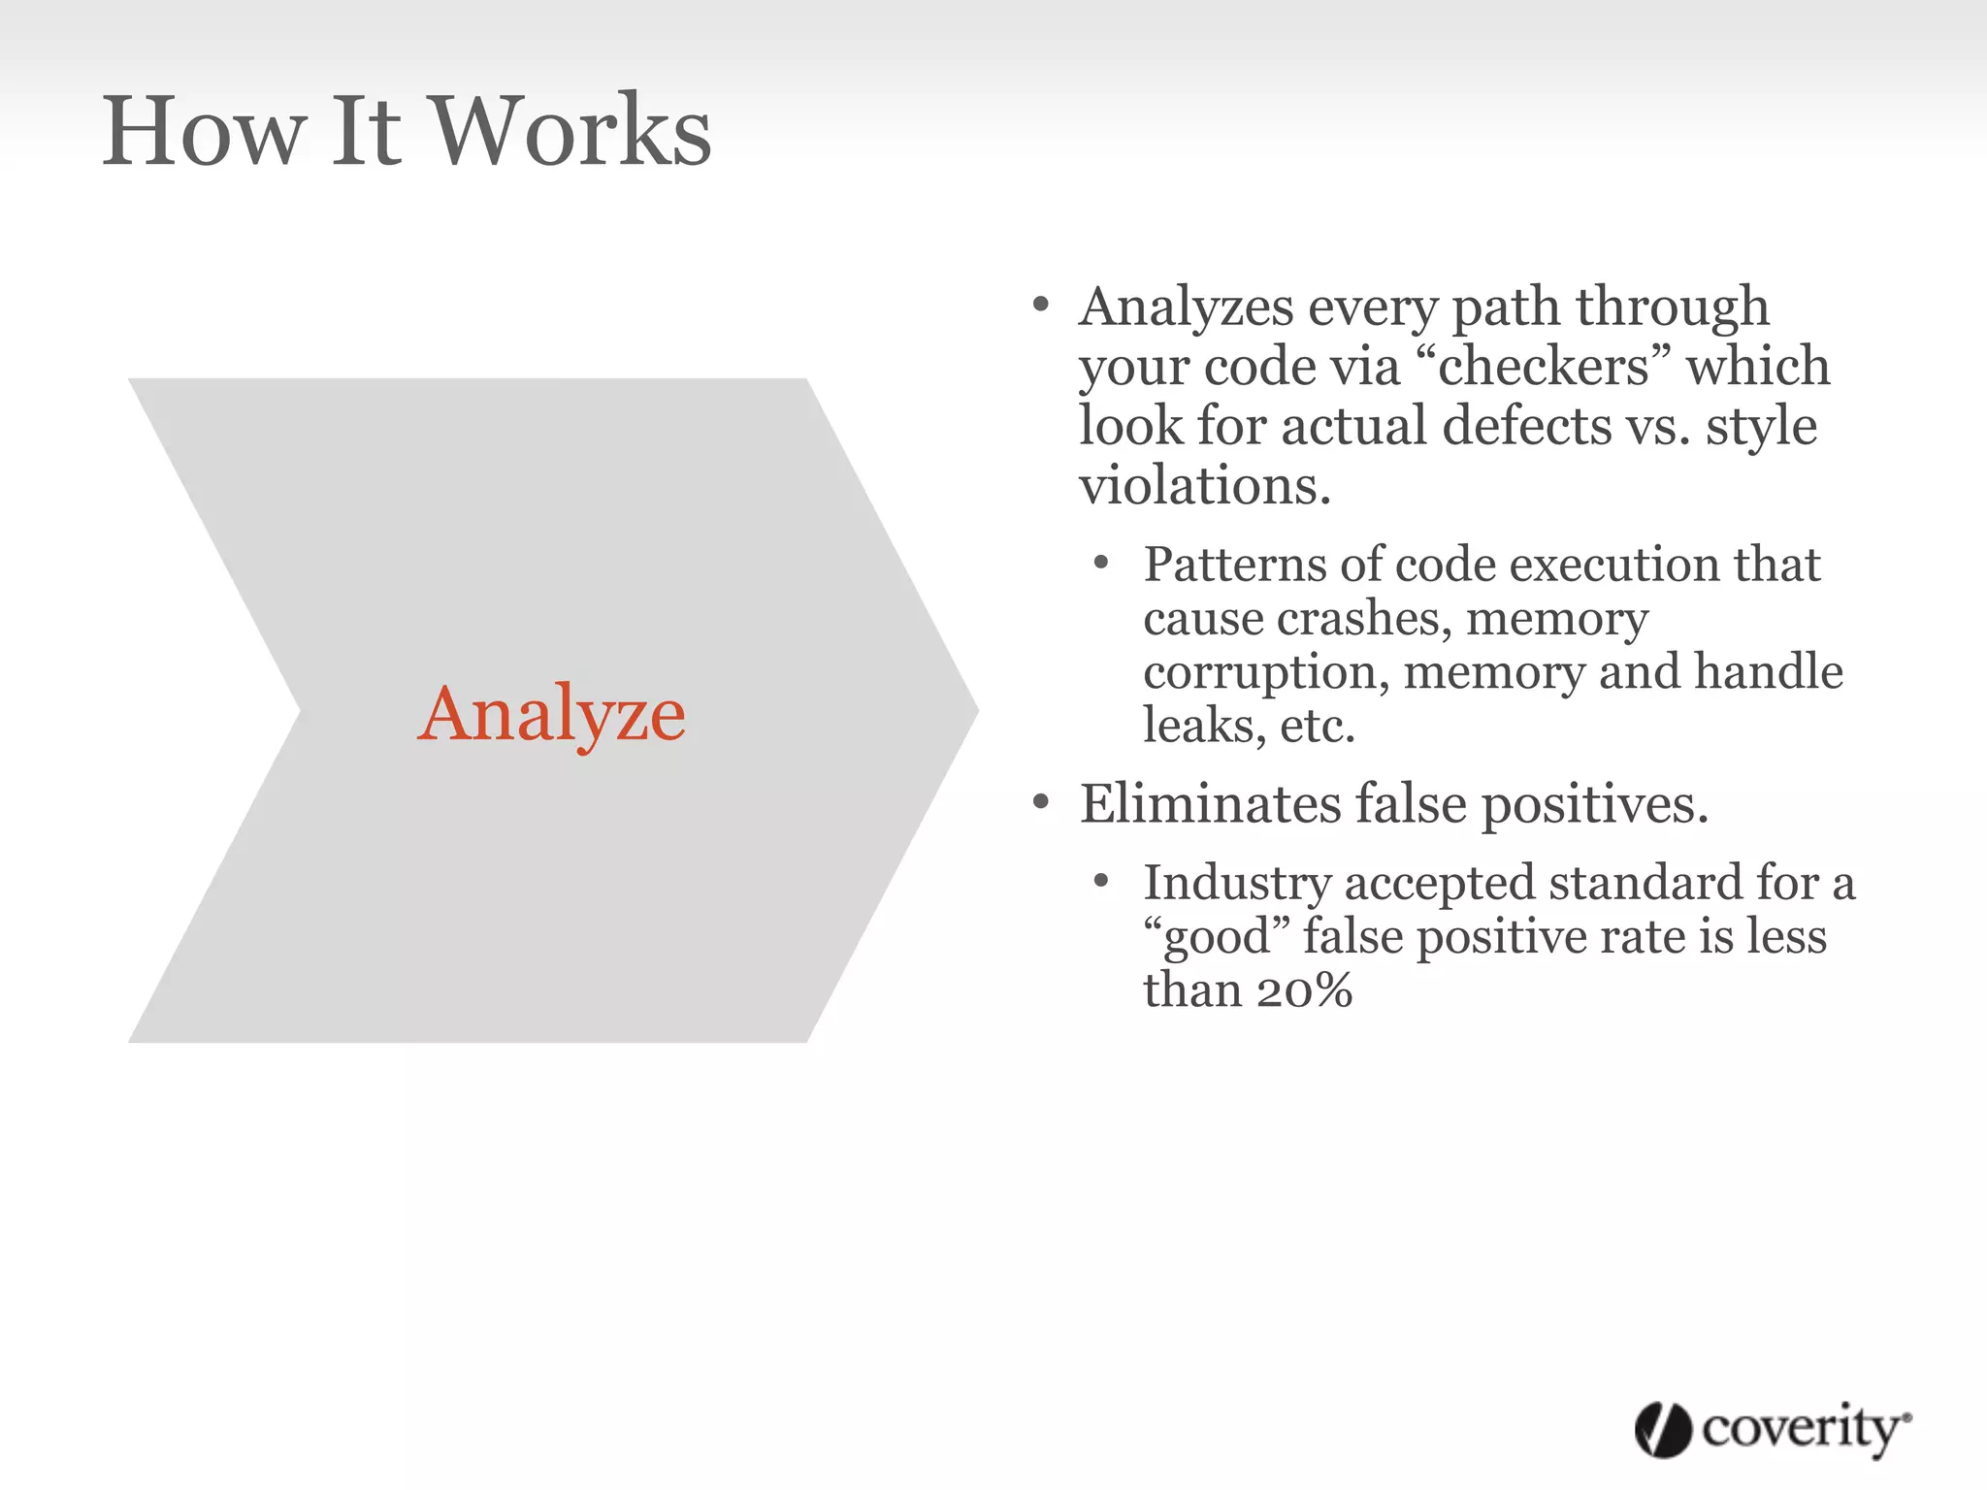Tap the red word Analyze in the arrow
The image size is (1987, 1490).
(x=551, y=715)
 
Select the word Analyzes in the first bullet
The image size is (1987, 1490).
(x=1186, y=308)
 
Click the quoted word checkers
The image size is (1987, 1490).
(x=1543, y=367)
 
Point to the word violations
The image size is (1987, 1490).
(x=1203, y=485)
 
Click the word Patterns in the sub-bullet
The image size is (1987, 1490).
(x=1234, y=565)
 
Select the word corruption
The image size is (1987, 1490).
(x=1265, y=673)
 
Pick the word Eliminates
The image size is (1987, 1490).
(x=1209, y=804)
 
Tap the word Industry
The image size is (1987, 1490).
(x=1236, y=884)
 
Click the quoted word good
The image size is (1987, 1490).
(x=1217, y=938)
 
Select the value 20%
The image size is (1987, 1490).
(x=1303, y=991)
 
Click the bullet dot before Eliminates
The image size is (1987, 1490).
(x=1041, y=802)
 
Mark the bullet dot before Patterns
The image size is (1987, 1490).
(x=1100, y=564)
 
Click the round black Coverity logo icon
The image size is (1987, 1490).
(x=1663, y=1429)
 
